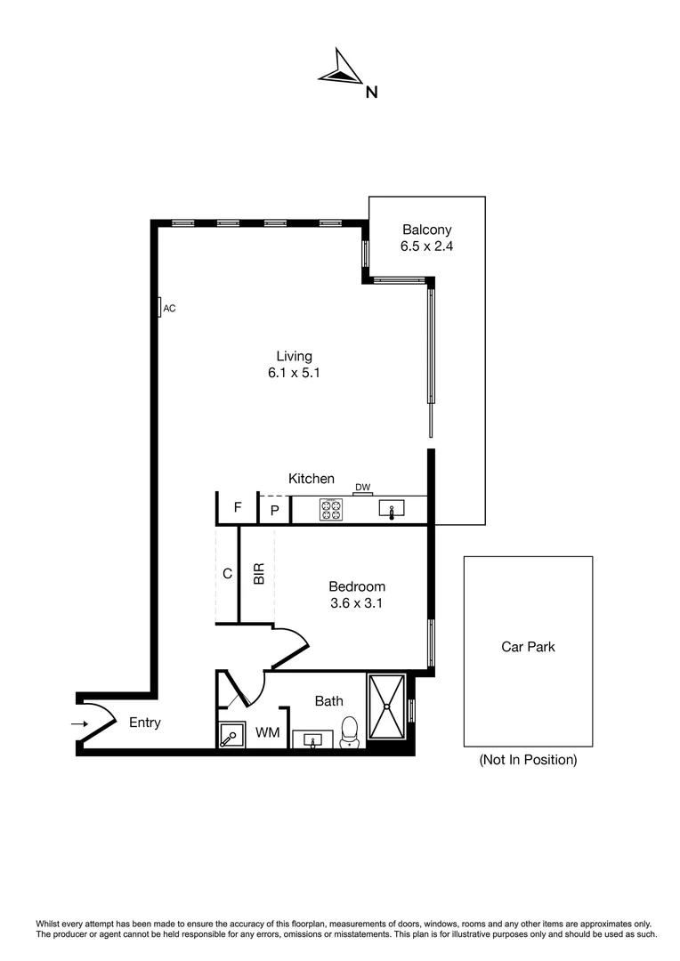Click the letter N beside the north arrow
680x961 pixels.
click(x=372, y=91)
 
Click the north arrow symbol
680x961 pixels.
click(x=339, y=68)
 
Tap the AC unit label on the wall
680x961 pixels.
click(x=169, y=308)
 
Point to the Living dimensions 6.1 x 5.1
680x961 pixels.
click(x=294, y=374)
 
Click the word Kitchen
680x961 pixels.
click(x=312, y=479)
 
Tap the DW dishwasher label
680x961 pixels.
click(x=362, y=487)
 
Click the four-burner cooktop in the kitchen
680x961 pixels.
click(x=331, y=510)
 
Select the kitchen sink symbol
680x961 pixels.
click(x=392, y=510)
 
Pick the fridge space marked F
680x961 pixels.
click(x=238, y=508)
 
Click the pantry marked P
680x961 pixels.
click(x=275, y=510)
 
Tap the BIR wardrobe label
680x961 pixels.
click(x=259, y=575)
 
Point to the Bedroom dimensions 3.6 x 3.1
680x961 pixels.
click(x=357, y=602)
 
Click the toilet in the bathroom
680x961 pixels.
click(x=350, y=731)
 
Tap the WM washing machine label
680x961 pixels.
click(x=268, y=732)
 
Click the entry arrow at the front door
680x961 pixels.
click(x=80, y=723)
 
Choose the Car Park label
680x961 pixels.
click(x=528, y=647)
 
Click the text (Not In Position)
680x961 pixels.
click(x=528, y=760)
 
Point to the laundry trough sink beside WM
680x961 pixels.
click(x=232, y=735)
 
